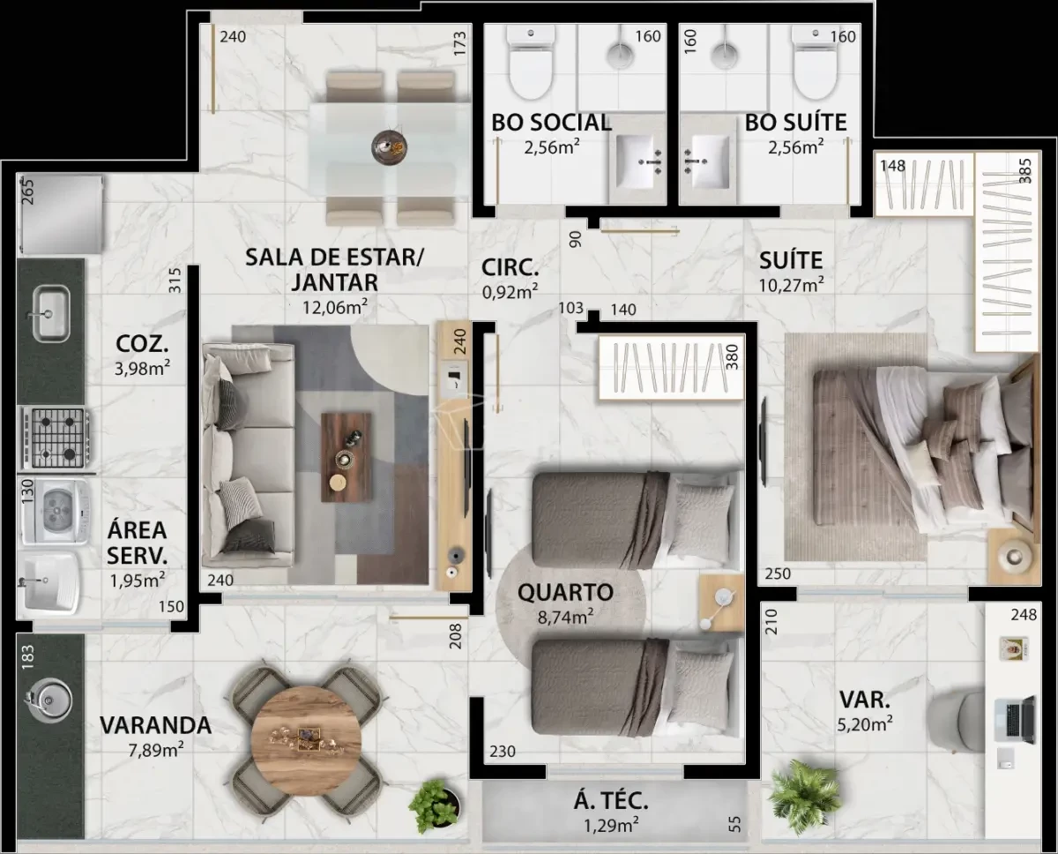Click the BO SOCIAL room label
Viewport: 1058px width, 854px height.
[551, 123]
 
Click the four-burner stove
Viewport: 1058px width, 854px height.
[54, 438]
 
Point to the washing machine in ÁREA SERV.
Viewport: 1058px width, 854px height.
[55, 512]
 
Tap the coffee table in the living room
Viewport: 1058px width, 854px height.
[346, 458]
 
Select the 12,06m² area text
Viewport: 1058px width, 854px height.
[334, 307]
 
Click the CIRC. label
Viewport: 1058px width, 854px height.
[510, 267]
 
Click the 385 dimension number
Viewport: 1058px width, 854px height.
[1025, 170]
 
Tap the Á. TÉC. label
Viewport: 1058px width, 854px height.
[611, 801]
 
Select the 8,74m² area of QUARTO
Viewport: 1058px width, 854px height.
[565, 617]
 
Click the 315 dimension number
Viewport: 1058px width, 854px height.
[175, 281]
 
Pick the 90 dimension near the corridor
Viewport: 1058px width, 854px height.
[575, 240]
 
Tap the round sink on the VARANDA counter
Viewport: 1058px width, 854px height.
[48, 700]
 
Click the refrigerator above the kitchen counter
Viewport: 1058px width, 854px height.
[61, 214]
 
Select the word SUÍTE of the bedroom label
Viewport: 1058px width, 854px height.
[791, 261]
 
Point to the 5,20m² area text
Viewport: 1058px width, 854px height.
[865, 724]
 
